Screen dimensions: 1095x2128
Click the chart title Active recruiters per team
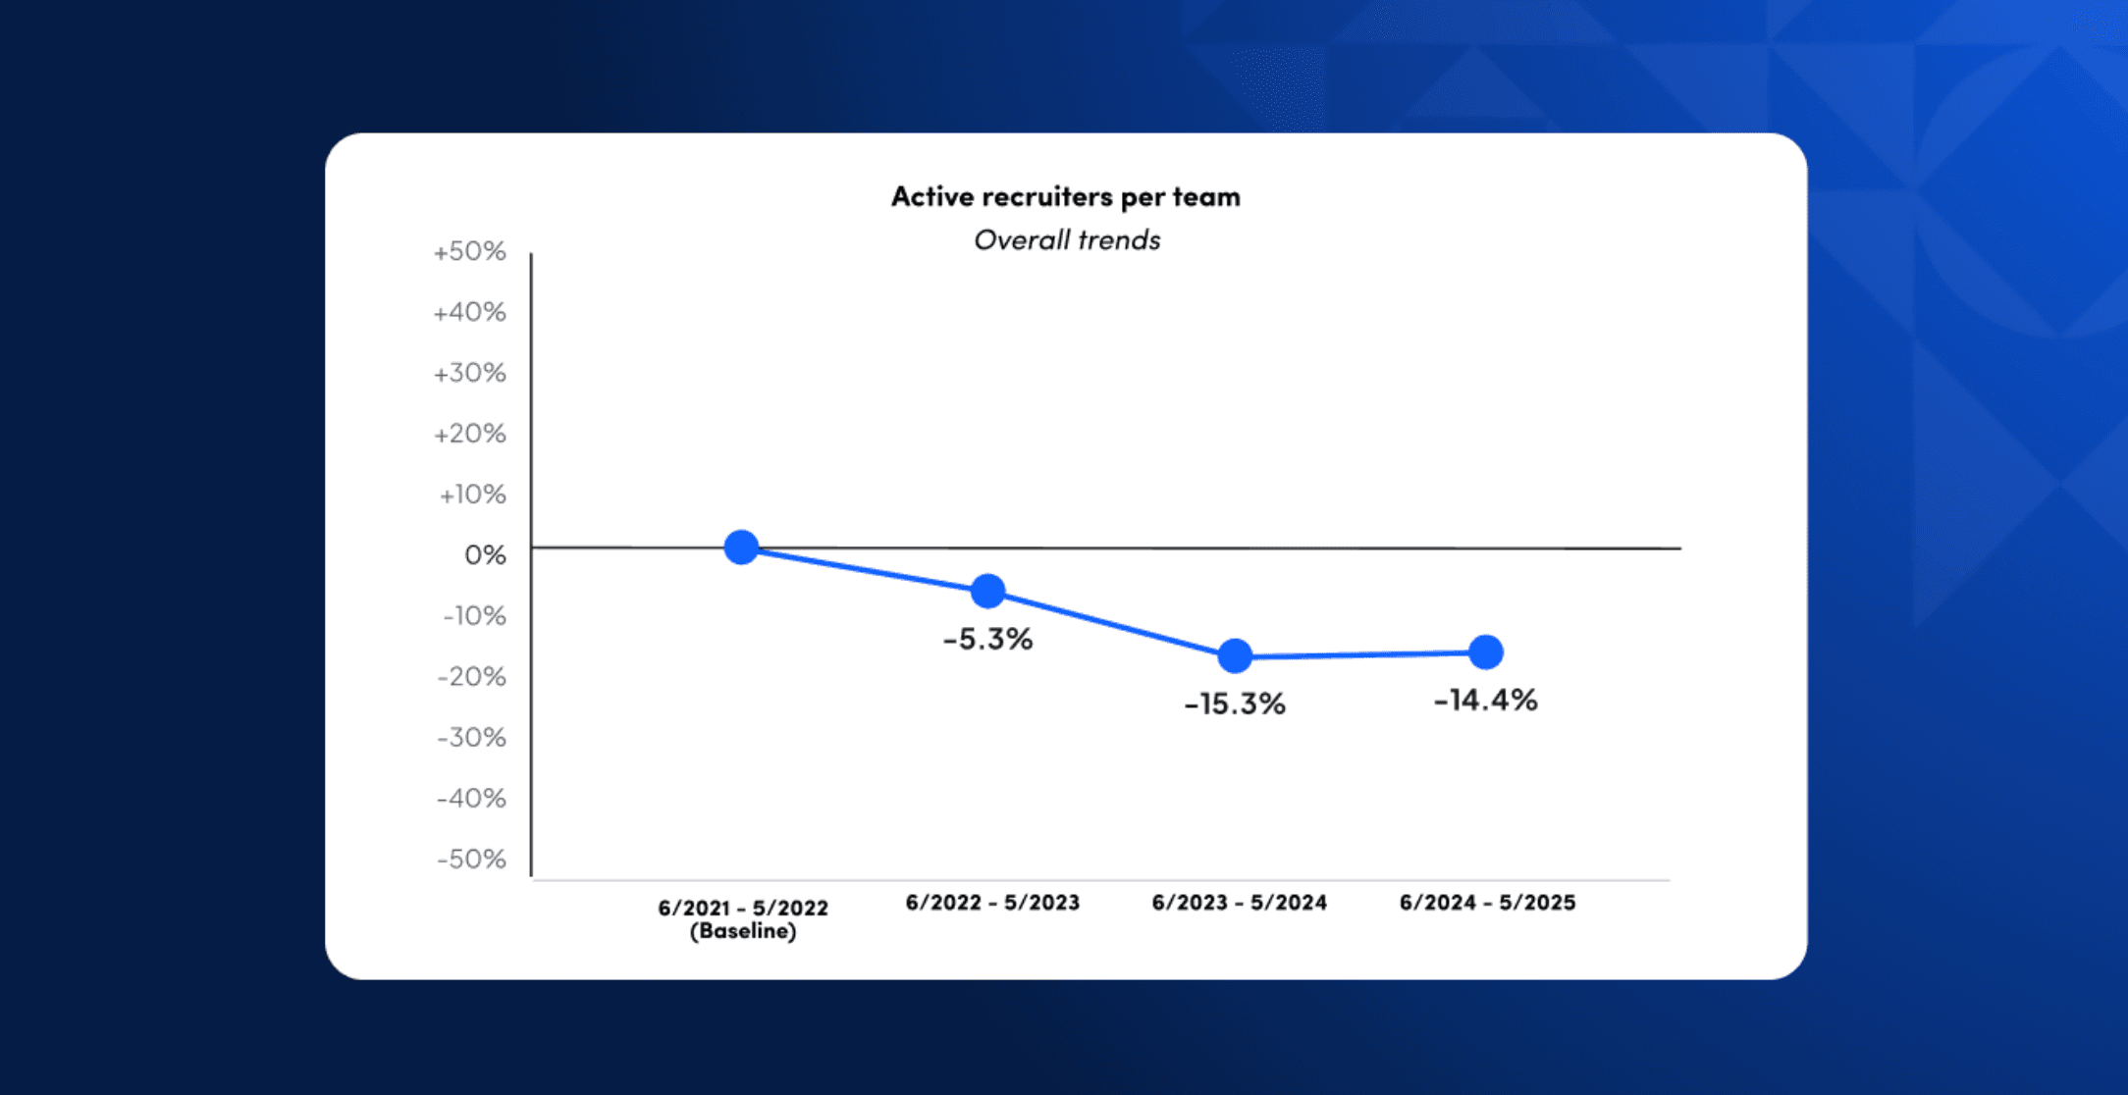tap(1065, 197)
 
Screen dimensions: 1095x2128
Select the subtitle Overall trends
tap(1067, 240)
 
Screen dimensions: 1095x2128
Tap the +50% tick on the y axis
tap(470, 252)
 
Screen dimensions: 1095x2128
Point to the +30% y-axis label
tap(470, 374)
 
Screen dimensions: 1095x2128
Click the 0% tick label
tap(485, 555)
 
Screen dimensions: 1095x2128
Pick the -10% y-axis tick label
tap(473, 616)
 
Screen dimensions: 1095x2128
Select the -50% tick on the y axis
tap(472, 860)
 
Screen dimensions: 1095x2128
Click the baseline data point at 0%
tap(741, 547)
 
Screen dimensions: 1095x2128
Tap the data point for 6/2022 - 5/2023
tap(987, 591)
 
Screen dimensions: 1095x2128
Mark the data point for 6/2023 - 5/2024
tap(1235, 655)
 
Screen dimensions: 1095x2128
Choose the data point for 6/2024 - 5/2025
tap(1486, 652)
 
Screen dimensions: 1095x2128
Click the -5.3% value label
tap(987, 640)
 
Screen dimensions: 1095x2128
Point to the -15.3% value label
tap(1235, 704)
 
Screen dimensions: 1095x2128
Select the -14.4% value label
tap(1485, 701)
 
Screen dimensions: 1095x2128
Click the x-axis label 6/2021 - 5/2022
tap(743, 908)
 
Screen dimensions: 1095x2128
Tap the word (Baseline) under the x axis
tap(743, 931)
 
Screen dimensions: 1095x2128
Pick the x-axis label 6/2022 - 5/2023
tap(992, 903)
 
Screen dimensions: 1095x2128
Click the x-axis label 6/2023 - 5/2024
tap(1239, 903)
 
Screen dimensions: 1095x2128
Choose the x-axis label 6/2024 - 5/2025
tap(1487, 903)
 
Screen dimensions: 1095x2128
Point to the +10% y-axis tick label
tap(472, 495)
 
